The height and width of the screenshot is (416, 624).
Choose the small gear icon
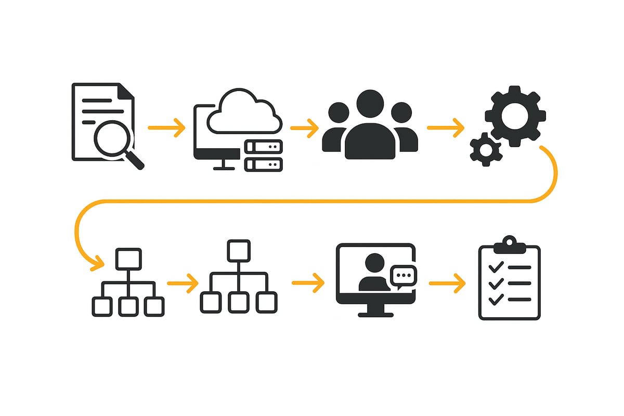[486, 150]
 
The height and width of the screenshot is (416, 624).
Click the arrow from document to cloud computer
[166, 127]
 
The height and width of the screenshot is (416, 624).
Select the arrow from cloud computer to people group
[304, 127]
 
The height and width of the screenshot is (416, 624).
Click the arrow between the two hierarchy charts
[183, 283]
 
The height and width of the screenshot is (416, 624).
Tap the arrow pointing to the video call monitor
[308, 283]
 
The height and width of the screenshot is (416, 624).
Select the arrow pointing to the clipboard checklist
[447, 283]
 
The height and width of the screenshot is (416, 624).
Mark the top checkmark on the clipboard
[496, 267]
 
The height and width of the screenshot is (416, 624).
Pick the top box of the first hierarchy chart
[128, 258]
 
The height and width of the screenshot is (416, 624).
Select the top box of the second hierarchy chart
[239, 250]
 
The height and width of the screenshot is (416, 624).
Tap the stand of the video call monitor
[375, 309]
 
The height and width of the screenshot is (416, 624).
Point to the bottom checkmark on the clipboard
[496, 300]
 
